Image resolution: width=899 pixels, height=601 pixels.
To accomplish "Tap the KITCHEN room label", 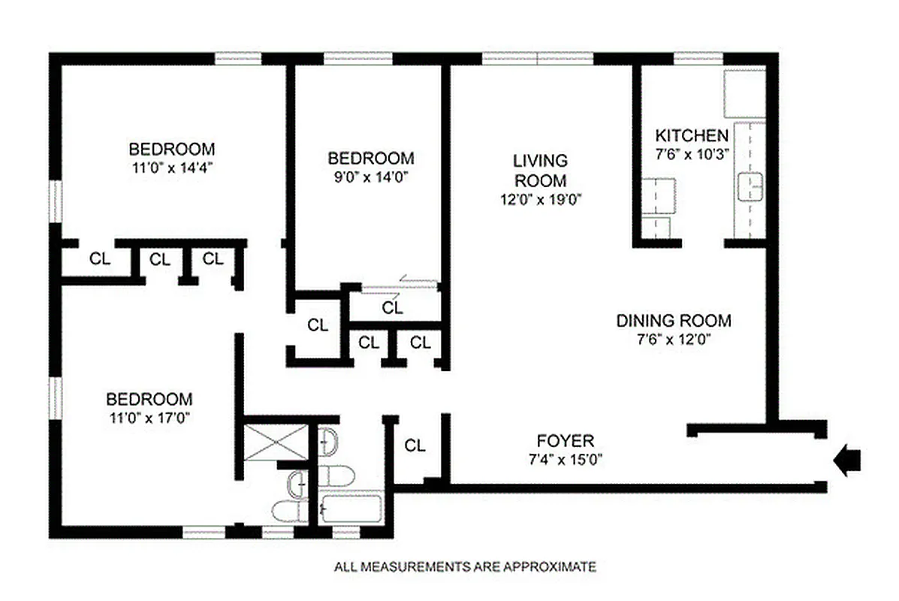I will click(692, 136).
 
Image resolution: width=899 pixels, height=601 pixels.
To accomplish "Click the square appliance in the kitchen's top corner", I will click(744, 92).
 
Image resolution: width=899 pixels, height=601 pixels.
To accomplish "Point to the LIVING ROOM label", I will click(540, 171).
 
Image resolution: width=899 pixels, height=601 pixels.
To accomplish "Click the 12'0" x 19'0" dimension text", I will click(540, 199).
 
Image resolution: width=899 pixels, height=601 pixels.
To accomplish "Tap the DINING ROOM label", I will click(673, 321).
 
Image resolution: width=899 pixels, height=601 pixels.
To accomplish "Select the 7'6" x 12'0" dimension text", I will click(673, 338).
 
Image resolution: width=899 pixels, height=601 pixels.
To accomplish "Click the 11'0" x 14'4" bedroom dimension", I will click(171, 168).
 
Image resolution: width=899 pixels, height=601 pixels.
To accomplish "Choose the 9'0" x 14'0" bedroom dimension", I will click(370, 177).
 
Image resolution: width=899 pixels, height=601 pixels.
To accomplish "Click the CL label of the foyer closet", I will click(415, 445).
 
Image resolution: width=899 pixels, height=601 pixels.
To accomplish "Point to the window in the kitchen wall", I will click(698, 58).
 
